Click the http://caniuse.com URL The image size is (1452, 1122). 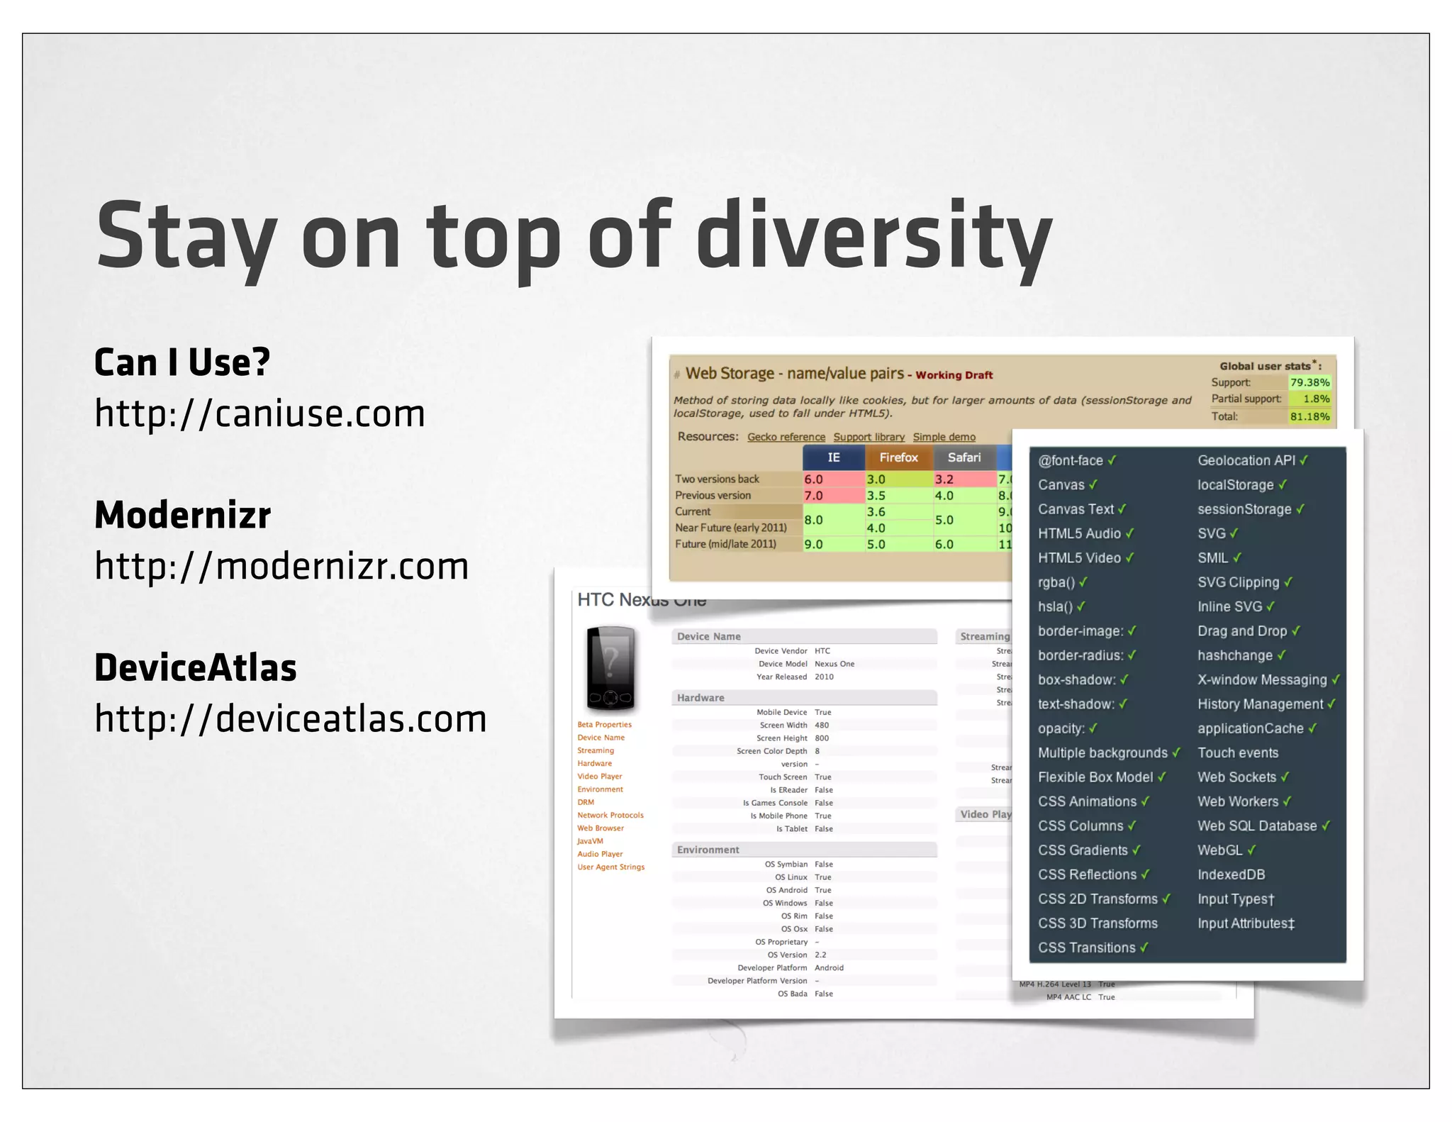click(x=259, y=413)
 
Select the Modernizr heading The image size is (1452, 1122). click(x=183, y=515)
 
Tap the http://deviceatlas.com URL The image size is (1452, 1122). click(x=291, y=718)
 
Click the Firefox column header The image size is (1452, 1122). click(x=898, y=457)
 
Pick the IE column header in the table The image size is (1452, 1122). click(x=834, y=457)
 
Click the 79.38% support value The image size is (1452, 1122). click(x=1309, y=382)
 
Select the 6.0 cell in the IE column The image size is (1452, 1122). click(x=814, y=479)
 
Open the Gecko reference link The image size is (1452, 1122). click(x=786, y=437)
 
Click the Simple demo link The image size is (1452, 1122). click(x=944, y=437)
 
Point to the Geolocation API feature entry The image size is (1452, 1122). click(x=1246, y=460)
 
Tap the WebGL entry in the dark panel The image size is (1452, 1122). click(x=1220, y=850)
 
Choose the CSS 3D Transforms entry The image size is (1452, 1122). click(x=1098, y=923)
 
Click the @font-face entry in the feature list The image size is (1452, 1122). click(x=1071, y=460)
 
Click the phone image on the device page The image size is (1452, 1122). click(x=610, y=668)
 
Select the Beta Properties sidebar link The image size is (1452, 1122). click(x=604, y=724)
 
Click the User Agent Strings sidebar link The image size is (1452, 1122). click(x=610, y=867)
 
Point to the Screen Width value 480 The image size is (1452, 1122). click(x=822, y=725)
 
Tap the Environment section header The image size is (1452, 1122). click(x=708, y=850)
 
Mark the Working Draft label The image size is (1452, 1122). click(x=954, y=375)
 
